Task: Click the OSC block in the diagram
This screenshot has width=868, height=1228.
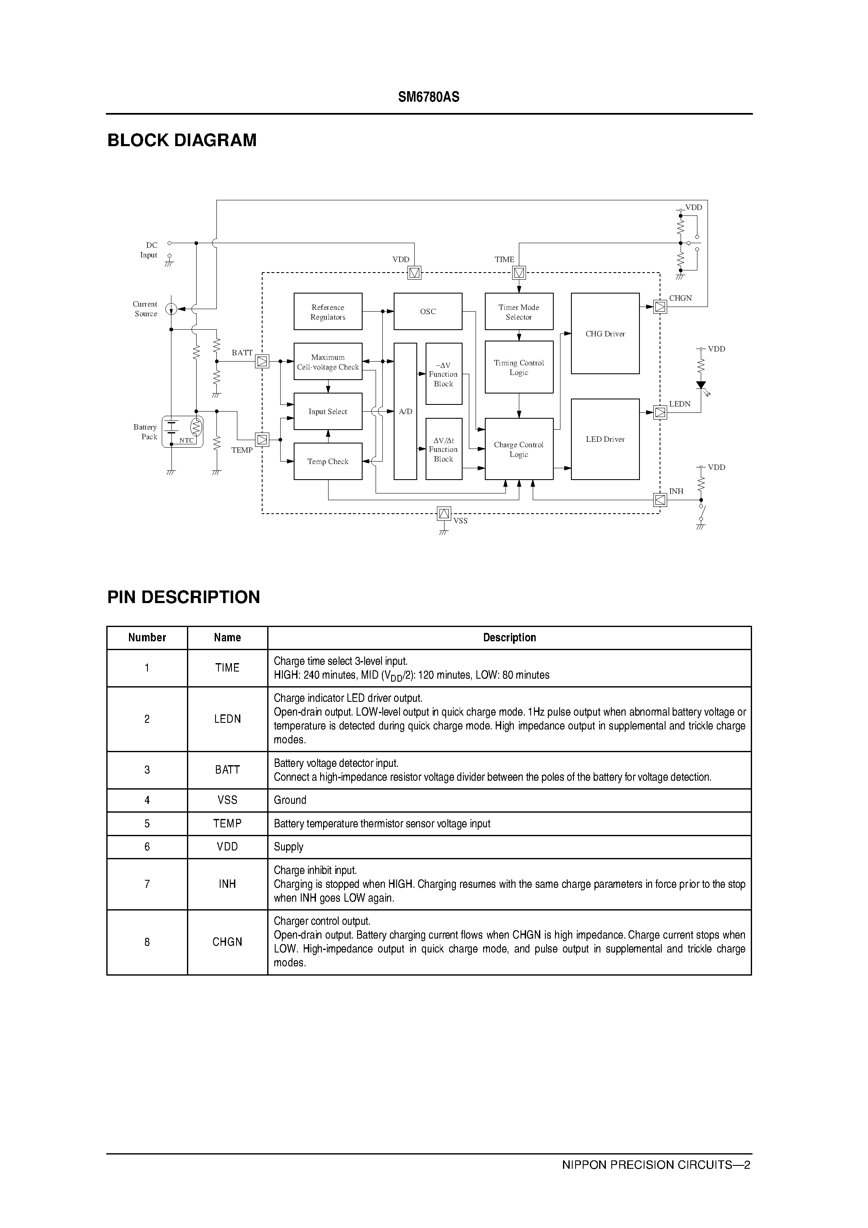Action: pyautogui.click(x=428, y=311)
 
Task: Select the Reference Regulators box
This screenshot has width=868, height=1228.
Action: pyautogui.click(x=328, y=311)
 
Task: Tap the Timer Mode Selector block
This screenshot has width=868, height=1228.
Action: pyautogui.click(x=518, y=311)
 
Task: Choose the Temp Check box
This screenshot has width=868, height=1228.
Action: pyautogui.click(x=328, y=461)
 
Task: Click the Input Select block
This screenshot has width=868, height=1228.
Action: pyautogui.click(x=328, y=411)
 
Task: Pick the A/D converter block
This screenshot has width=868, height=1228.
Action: pyautogui.click(x=405, y=411)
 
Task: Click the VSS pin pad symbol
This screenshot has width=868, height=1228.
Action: pyautogui.click(x=444, y=514)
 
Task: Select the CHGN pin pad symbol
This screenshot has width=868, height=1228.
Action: pyautogui.click(x=660, y=307)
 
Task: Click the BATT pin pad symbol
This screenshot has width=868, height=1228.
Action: pyautogui.click(x=262, y=362)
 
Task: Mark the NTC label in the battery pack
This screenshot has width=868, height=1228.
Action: pyautogui.click(x=186, y=441)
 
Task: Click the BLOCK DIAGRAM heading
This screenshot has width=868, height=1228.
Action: pyautogui.click(x=182, y=140)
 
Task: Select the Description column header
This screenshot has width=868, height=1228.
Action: pyautogui.click(x=509, y=638)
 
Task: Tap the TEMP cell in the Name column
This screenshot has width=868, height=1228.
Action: pyautogui.click(x=227, y=824)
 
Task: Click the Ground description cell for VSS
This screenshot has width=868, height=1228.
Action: pyautogui.click(x=290, y=800)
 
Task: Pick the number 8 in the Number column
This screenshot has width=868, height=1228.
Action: pyautogui.click(x=147, y=942)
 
